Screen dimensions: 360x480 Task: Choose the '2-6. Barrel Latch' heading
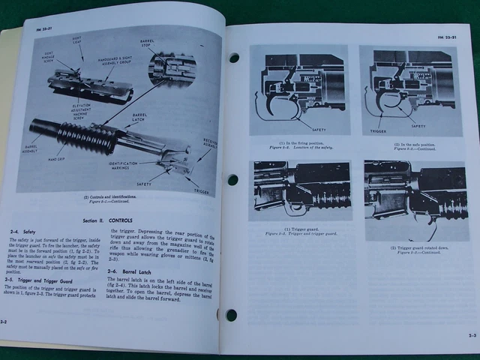[129, 271]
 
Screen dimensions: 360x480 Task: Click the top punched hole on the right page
[234, 57]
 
